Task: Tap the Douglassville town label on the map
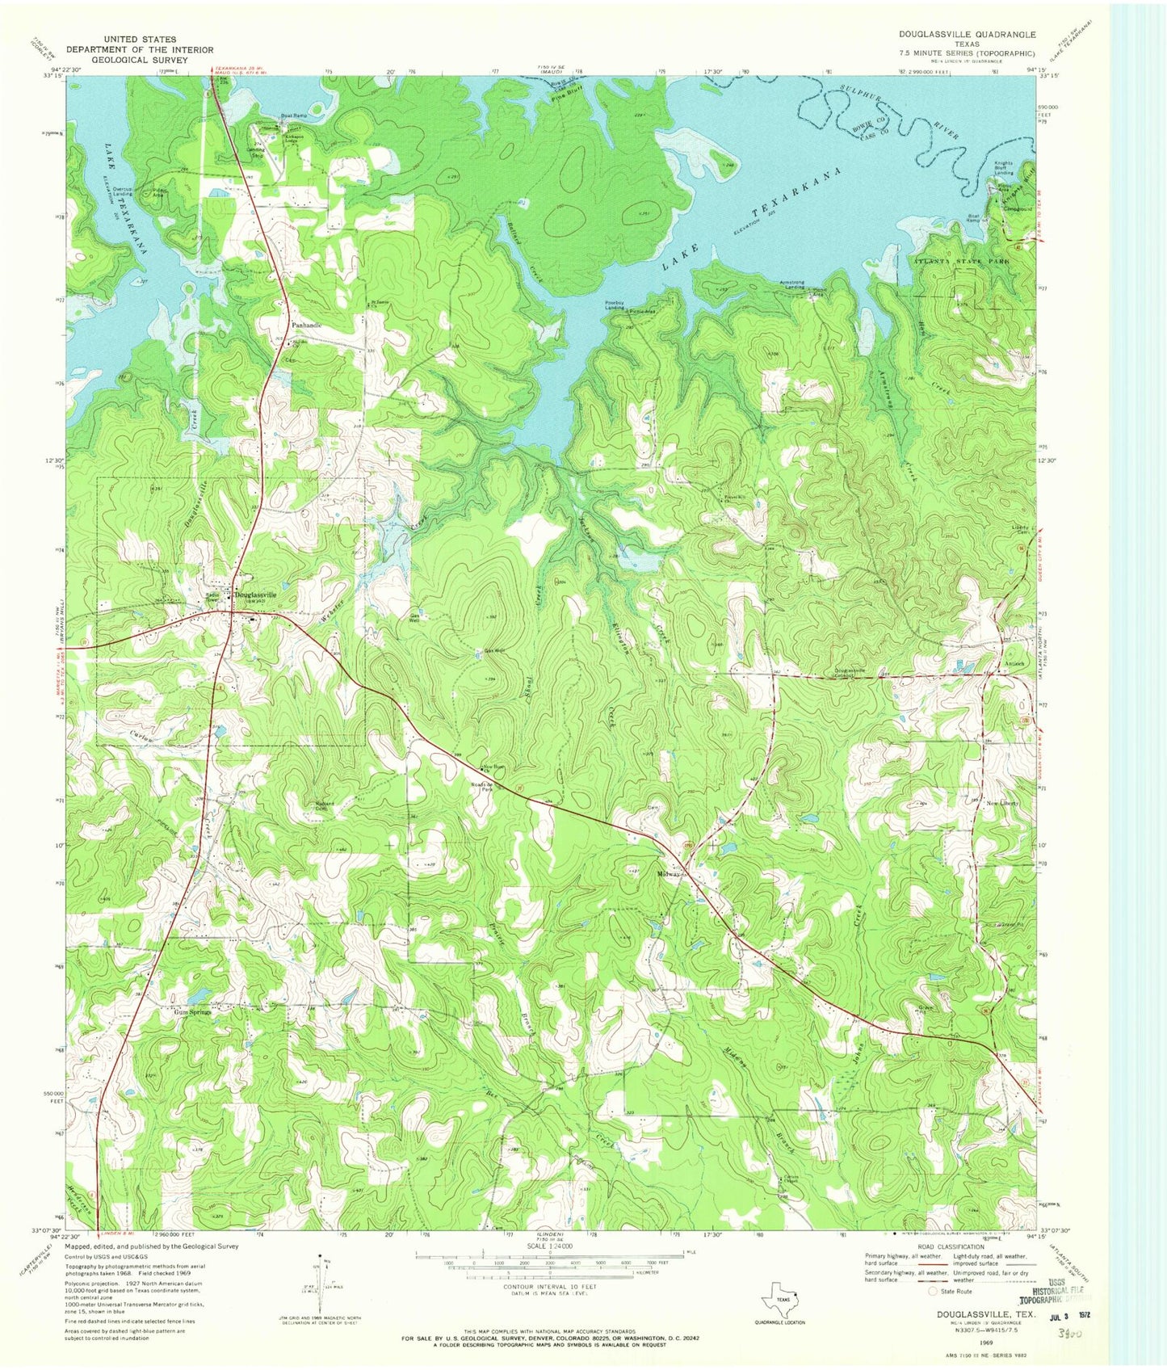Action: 255,595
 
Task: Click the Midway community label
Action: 671,875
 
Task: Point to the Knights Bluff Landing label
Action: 1004,168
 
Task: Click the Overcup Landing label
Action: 123,191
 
